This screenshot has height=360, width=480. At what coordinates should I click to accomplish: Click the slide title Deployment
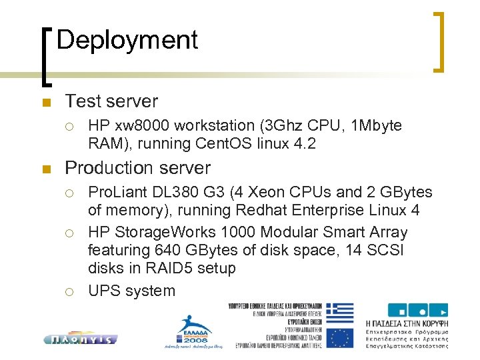[127, 40]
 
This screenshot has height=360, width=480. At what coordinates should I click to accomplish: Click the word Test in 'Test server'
[81, 101]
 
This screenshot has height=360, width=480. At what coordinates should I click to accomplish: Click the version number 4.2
[303, 143]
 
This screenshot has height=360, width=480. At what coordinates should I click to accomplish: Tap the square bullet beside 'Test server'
[45, 103]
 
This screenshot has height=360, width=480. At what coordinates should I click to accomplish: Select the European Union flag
[341, 337]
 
